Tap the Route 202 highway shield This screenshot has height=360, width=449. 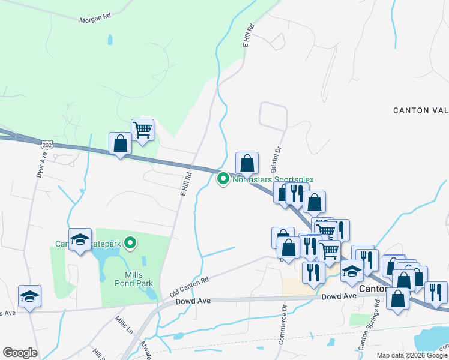coord(48,145)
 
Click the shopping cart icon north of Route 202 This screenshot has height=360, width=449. coord(142,129)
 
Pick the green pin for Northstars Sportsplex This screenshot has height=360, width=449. coord(223,178)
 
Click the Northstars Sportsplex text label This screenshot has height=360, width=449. coord(273,179)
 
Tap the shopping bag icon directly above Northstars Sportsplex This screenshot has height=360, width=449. coord(247,162)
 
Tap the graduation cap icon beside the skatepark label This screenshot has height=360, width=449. coord(80,240)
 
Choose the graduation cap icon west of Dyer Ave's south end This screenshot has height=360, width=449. coord(29,296)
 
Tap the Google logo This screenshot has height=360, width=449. coord(20,353)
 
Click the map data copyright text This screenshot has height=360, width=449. coord(412,355)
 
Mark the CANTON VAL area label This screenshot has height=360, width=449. coord(420,110)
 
